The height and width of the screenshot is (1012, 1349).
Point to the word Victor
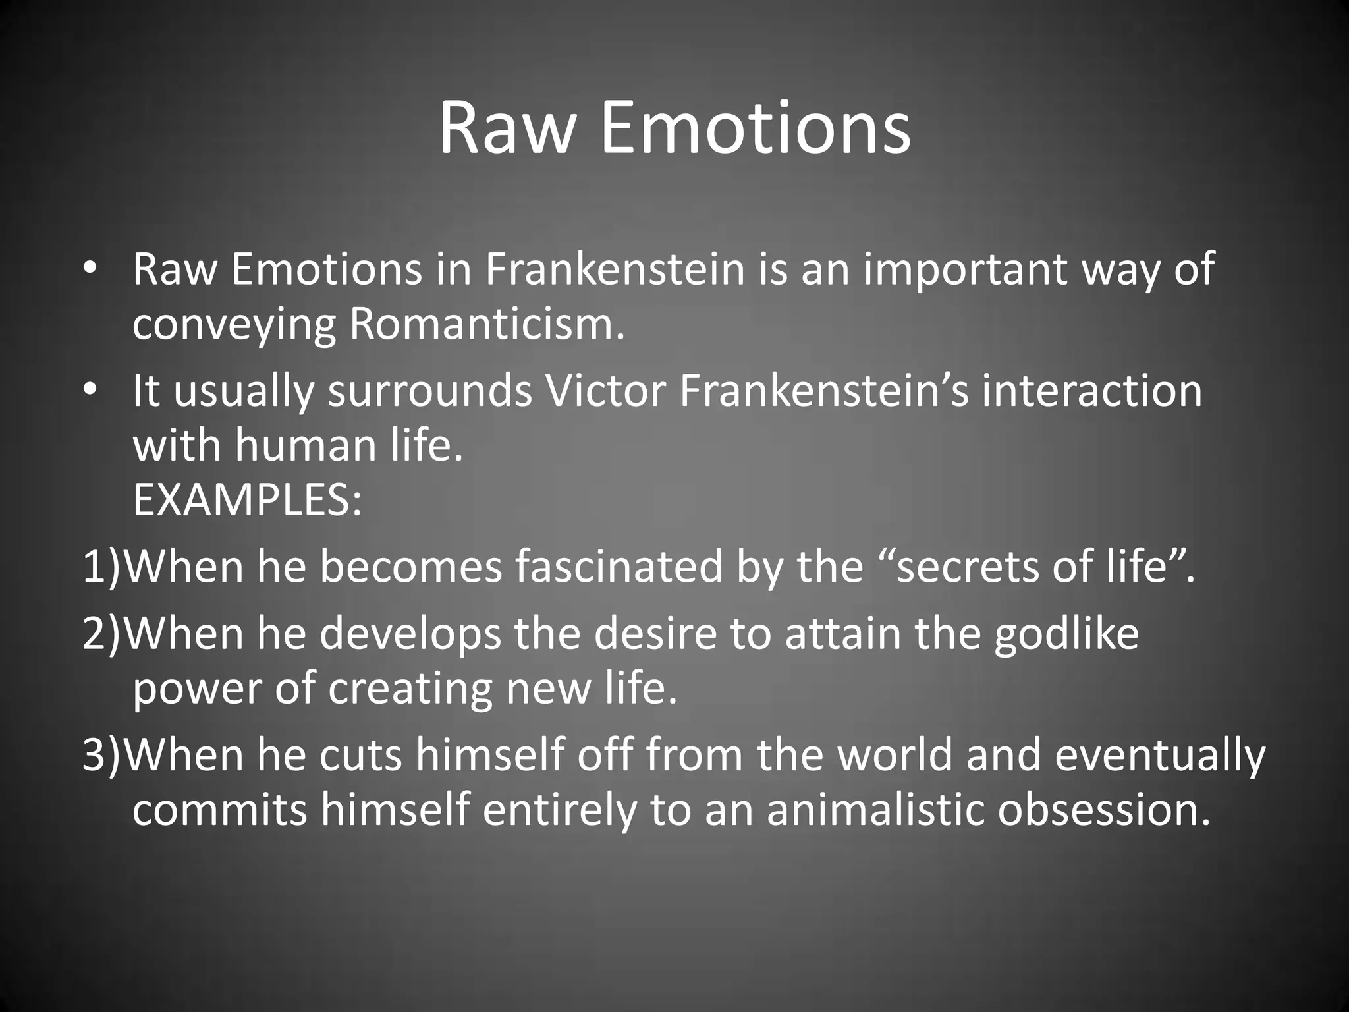(605, 390)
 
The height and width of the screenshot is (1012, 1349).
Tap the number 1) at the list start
(102, 566)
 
